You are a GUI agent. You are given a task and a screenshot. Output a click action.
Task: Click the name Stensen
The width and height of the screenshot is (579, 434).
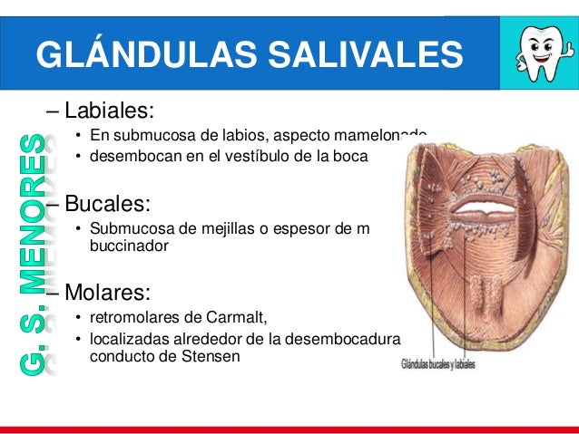(212, 356)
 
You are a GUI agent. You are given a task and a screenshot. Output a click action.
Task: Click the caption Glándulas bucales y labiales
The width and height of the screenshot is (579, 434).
(438, 365)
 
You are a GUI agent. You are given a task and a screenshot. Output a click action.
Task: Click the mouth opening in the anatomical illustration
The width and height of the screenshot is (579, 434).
(491, 218)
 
